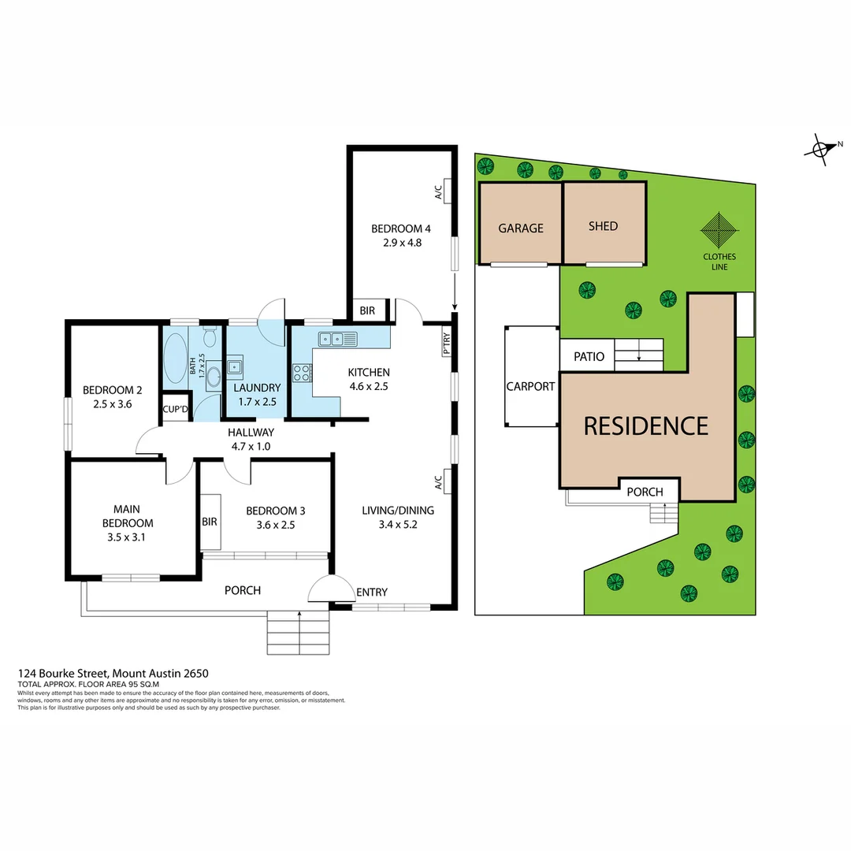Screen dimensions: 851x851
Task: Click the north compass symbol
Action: click(x=822, y=148)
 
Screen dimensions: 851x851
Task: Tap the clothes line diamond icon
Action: click(x=719, y=231)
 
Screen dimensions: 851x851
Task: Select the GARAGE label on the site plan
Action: click(x=521, y=229)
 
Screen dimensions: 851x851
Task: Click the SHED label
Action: click(x=603, y=226)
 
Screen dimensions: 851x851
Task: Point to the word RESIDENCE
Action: click(x=645, y=426)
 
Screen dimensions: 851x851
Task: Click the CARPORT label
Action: click(x=530, y=387)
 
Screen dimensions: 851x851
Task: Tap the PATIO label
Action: click(x=589, y=357)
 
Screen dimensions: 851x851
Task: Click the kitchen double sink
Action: click(x=337, y=339)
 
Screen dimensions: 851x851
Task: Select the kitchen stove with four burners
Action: click(x=302, y=373)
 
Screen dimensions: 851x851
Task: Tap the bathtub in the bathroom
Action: click(x=175, y=359)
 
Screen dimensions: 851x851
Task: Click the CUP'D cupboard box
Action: click(x=175, y=409)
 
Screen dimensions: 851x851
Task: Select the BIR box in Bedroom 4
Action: click(x=368, y=311)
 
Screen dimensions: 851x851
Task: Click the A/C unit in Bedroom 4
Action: click(x=447, y=191)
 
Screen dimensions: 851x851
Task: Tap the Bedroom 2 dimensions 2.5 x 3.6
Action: click(x=112, y=403)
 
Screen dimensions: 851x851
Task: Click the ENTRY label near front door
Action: click(x=371, y=593)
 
